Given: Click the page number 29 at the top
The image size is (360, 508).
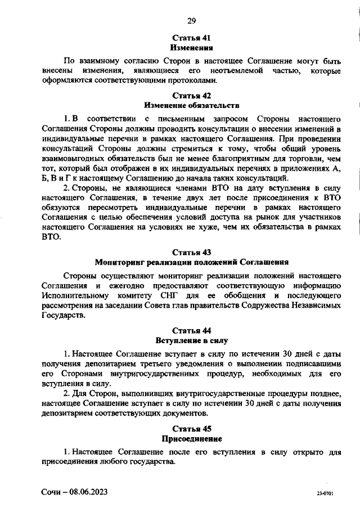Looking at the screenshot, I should tap(191, 21).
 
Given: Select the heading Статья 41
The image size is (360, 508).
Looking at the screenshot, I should tap(191, 38).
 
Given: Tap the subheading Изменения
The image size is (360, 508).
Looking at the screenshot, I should tap(191, 48).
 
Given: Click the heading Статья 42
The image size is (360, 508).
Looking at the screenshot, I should tap(191, 95).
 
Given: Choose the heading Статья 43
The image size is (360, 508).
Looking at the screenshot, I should tap(191, 251).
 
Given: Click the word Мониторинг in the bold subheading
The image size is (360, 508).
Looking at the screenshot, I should tap(120, 262).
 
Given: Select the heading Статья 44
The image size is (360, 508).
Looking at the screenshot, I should tap(191, 330).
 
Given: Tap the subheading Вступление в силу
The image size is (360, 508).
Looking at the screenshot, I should tap(191, 340).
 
